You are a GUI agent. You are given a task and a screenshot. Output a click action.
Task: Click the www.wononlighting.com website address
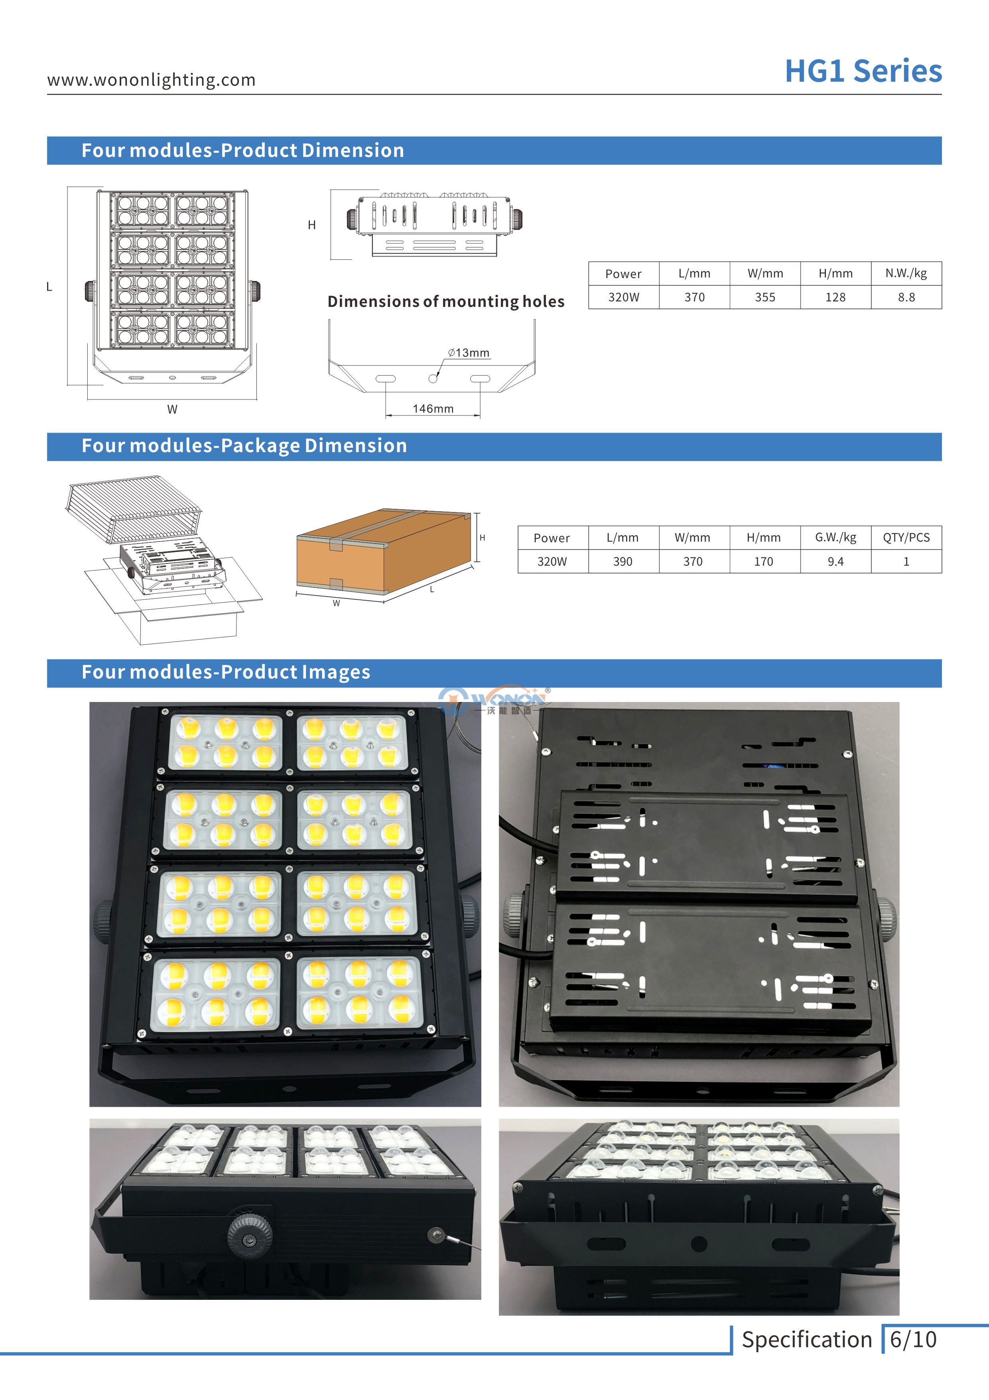(x=151, y=80)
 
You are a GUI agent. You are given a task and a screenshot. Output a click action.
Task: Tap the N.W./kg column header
(x=906, y=273)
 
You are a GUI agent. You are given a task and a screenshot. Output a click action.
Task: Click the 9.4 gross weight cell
(x=835, y=562)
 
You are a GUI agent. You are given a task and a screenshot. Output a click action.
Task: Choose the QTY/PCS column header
(x=906, y=537)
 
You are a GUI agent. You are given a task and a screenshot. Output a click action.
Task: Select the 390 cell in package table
(x=623, y=562)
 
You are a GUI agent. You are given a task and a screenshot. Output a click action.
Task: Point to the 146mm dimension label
(x=433, y=409)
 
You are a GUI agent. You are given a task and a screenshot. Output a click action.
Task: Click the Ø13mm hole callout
(x=469, y=352)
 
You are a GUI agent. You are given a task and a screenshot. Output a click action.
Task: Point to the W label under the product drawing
(x=172, y=409)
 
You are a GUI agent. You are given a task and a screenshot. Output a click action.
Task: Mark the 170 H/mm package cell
(x=764, y=562)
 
